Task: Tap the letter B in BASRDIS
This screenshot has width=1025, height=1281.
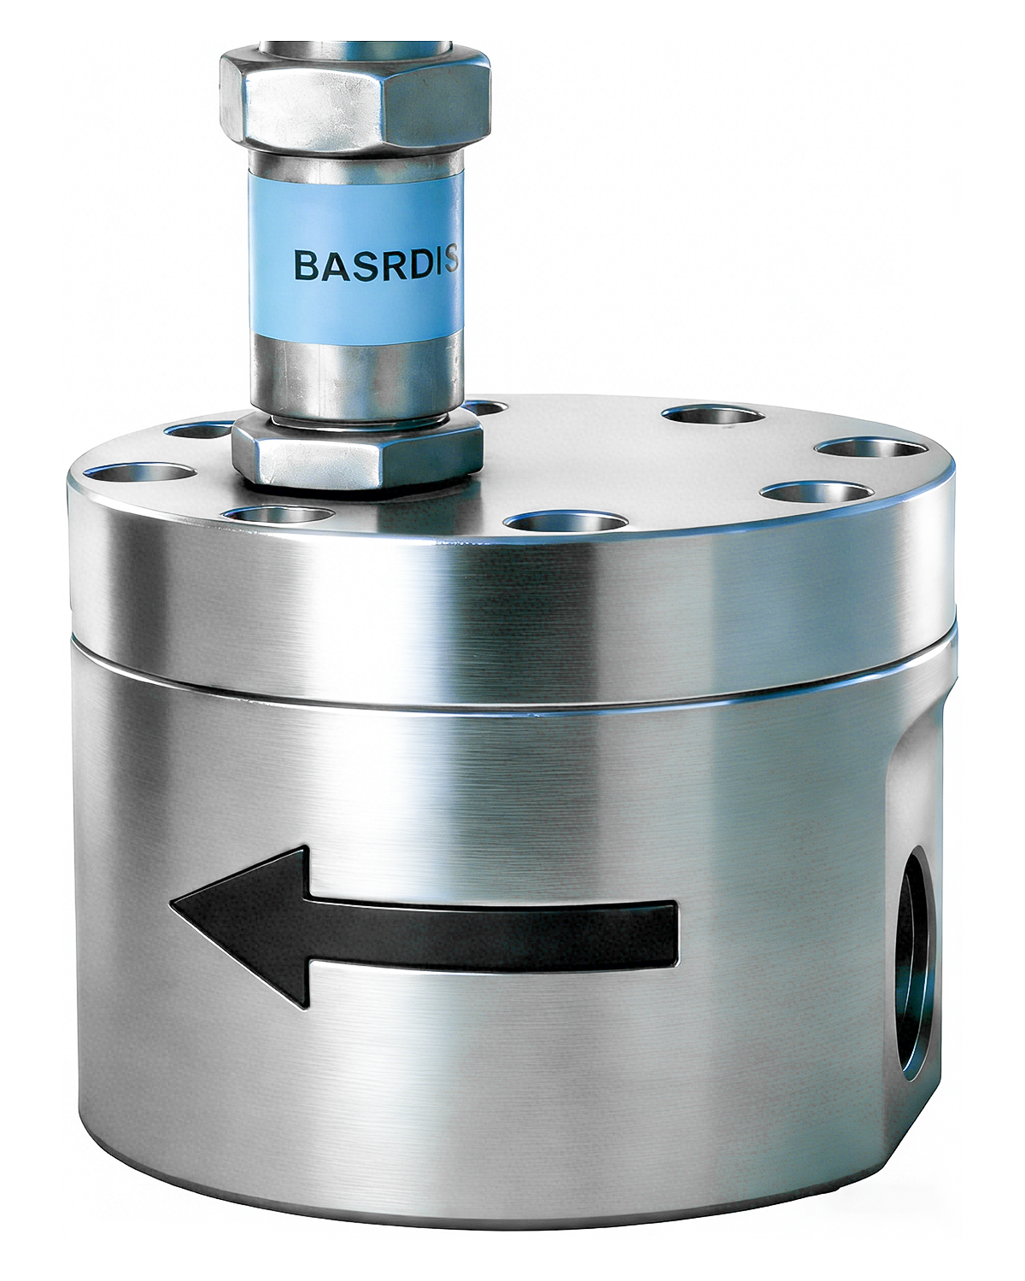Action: (x=306, y=265)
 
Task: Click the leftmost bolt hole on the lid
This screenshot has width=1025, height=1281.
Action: (x=141, y=472)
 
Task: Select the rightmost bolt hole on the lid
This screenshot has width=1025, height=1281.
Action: (x=871, y=447)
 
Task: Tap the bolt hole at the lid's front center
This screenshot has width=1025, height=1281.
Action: (x=565, y=522)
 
